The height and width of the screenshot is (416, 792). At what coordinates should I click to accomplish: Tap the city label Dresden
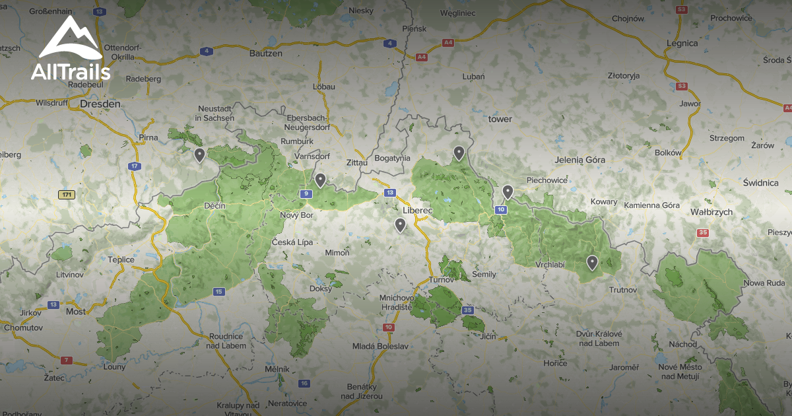(x=100, y=104)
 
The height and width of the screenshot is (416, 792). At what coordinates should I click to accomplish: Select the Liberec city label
(x=416, y=210)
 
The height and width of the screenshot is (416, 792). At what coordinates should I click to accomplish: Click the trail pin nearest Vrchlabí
(x=592, y=263)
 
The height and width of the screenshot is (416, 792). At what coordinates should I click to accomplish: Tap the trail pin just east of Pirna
(x=199, y=155)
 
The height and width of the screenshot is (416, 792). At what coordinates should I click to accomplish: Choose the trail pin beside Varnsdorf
(x=320, y=180)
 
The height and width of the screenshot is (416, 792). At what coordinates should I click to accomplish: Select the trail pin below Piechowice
(x=508, y=191)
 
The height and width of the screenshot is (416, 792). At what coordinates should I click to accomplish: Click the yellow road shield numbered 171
(x=66, y=195)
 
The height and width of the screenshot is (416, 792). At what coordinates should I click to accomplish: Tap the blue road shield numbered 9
(x=305, y=193)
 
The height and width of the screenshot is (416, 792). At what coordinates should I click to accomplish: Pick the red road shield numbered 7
(x=66, y=361)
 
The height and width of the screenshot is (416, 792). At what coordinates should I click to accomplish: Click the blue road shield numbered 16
(x=304, y=383)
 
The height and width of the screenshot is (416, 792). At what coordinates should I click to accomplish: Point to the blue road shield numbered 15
(x=218, y=291)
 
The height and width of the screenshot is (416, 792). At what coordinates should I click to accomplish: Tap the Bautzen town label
(x=266, y=53)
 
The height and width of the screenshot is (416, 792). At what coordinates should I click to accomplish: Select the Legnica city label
(x=682, y=43)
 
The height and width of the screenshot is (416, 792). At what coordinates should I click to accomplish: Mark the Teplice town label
(x=121, y=260)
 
